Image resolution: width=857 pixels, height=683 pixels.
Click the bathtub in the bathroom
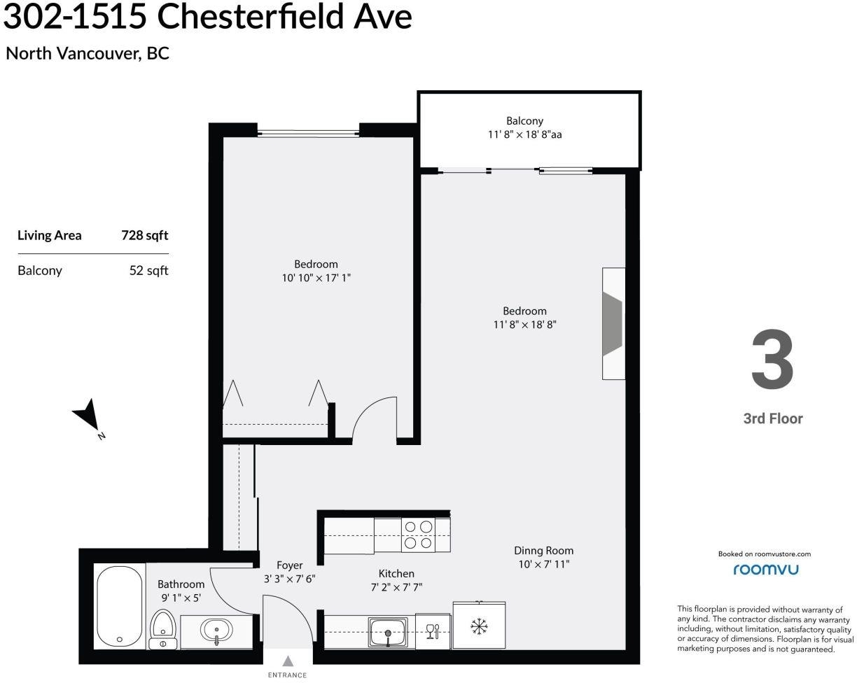tap(120, 607)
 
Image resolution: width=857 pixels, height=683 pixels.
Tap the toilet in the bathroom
tap(163, 629)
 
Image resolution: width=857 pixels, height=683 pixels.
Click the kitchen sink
tap(388, 632)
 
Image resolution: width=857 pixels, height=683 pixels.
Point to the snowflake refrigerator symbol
tap(479, 626)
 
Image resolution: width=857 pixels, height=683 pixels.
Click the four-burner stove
tap(418, 535)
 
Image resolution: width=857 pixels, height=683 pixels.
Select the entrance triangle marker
tap(288, 661)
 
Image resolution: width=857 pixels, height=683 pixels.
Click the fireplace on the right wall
tap(613, 323)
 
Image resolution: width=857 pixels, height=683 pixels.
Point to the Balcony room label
tap(524, 120)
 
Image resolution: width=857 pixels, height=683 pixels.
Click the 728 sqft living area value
tap(145, 235)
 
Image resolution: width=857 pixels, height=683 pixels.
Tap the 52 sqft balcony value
tap(149, 271)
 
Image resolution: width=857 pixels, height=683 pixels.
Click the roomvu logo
tap(765, 570)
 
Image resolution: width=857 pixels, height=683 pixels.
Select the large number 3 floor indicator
tap(772, 358)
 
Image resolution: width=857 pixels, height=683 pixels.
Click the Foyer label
tap(289, 565)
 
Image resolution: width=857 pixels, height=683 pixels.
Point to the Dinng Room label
tap(543, 551)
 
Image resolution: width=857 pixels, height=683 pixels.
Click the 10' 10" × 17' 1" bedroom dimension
tap(316, 278)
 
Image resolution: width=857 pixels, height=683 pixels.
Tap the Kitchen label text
tap(396, 574)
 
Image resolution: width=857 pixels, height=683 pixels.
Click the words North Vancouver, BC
tap(88, 53)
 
